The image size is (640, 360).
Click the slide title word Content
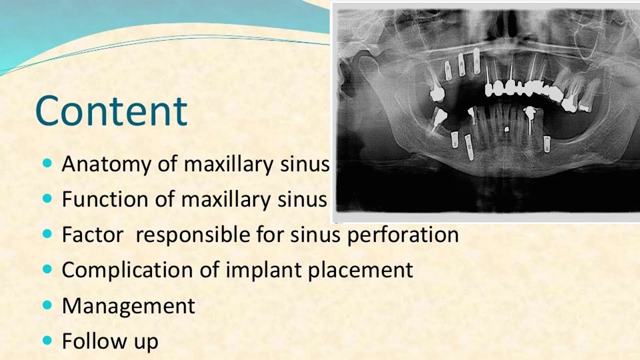tap(111, 111)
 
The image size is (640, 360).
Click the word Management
tap(128, 306)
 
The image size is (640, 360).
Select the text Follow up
tap(110, 341)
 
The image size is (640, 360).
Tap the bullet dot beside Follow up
tap(47, 341)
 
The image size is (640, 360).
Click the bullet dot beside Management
tap(47, 305)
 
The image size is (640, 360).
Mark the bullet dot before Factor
tap(47, 234)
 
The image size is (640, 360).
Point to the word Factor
tap(92, 235)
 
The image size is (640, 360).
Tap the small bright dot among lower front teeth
tap(506, 129)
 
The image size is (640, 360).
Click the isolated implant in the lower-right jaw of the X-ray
tap(547, 144)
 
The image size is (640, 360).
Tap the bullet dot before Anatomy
tap(47, 163)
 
